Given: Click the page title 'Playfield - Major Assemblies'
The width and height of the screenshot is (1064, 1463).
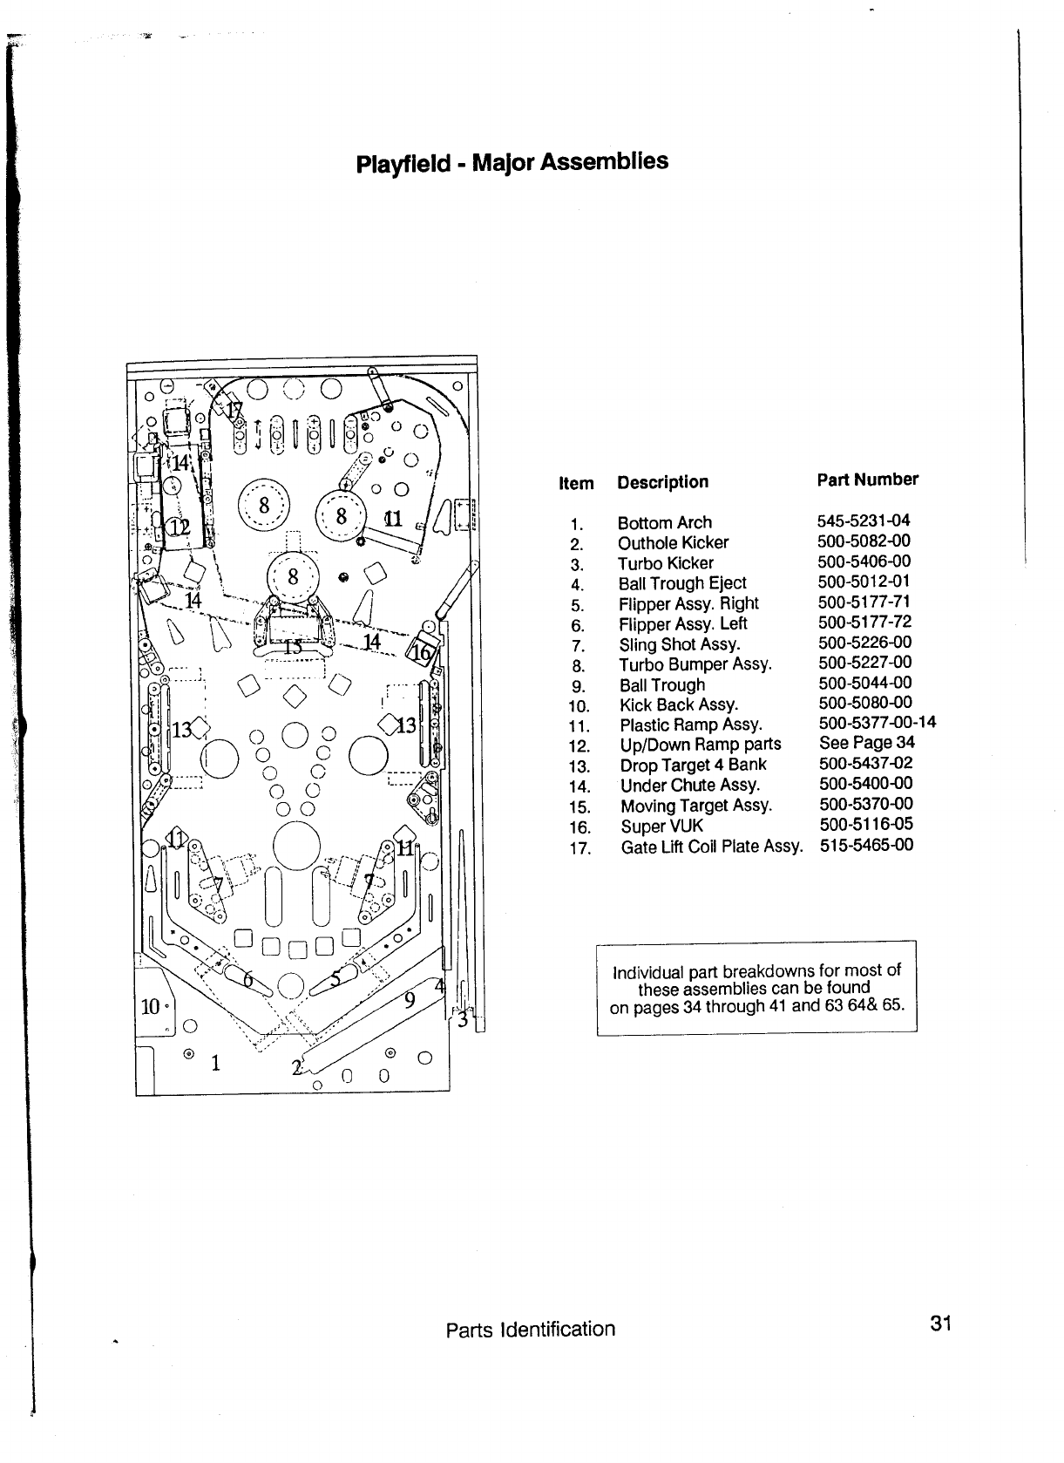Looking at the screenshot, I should [512, 163].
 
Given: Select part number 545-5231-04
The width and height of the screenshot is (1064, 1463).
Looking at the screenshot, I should [864, 521].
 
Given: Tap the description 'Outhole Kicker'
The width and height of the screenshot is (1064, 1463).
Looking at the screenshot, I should [673, 542].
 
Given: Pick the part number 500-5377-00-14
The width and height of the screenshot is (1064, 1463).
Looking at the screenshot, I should [878, 723].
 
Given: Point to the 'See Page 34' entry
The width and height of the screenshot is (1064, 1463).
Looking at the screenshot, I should [867, 743].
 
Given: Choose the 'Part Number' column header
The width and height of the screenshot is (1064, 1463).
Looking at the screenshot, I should [867, 480].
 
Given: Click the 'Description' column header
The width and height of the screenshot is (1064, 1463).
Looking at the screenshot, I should [662, 482].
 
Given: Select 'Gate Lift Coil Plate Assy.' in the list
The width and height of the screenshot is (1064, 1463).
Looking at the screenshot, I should [711, 847].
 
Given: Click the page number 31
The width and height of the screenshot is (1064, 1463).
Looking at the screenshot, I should [939, 1324].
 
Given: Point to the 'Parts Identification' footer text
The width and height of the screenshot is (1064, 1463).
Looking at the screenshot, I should [530, 1329].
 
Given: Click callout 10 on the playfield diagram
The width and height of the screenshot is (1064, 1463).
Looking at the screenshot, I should [150, 1006].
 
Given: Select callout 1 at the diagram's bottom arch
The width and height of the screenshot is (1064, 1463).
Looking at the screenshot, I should [214, 1063].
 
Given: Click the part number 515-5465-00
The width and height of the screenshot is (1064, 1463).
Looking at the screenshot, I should [866, 844].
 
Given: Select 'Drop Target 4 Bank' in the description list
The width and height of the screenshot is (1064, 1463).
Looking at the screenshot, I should [693, 765].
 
